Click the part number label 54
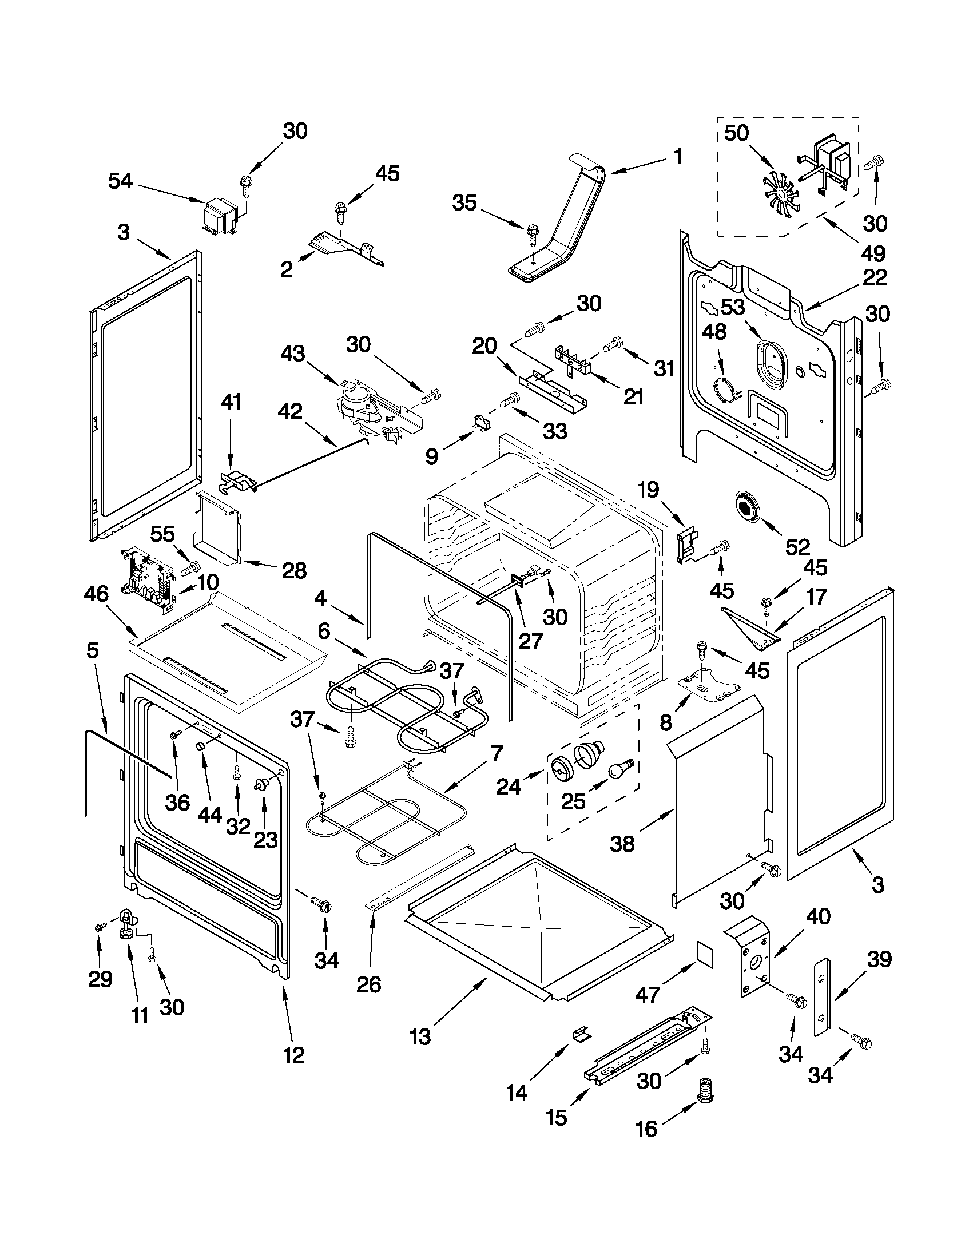[x=121, y=181]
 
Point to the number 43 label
[x=293, y=354]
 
